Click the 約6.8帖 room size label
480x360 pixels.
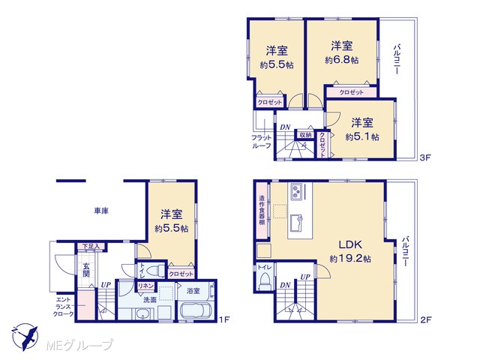click(342, 60)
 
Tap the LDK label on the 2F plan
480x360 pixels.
click(350, 244)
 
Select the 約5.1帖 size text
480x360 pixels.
click(362, 136)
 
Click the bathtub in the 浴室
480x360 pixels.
click(196, 311)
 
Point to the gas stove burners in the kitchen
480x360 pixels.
click(296, 192)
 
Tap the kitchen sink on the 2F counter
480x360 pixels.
click(296, 223)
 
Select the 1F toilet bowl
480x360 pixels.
click(155, 271)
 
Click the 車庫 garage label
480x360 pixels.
click(101, 211)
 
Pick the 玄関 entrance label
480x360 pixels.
click(86, 270)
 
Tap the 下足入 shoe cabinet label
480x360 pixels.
click(91, 246)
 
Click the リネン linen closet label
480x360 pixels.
click(145, 286)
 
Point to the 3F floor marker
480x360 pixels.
click(425, 157)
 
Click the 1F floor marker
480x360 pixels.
click(223, 320)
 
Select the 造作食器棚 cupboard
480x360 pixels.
click(262, 210)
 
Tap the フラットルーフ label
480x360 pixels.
click(262, 142)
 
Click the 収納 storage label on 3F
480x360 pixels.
click(305, 135)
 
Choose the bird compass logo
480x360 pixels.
click(25, 337)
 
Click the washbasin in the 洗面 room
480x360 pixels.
click(141, 313)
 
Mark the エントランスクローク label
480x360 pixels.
click(63, 307)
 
